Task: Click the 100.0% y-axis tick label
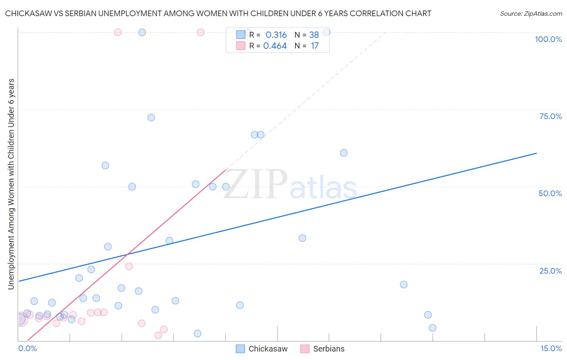[548, 39]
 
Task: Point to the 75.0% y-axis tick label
[550, 116]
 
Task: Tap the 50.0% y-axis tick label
[550, 193]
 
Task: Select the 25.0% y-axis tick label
[550, 270]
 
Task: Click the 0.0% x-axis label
[27, 348]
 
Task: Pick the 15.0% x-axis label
[551, 348]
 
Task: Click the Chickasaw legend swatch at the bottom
[240, 349]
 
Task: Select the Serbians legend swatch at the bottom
[305, 349]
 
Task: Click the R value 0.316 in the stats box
[276, 35]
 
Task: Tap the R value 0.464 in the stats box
[275, 46]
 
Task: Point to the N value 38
[314, 35]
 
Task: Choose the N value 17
[315, 46]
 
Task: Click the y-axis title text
[11, 184]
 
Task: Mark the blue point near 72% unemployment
[151, 117]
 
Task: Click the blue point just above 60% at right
[344, 153]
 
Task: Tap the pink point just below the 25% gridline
[129, 266]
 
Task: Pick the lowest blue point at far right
[432, 328]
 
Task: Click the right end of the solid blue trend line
[536, 153]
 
